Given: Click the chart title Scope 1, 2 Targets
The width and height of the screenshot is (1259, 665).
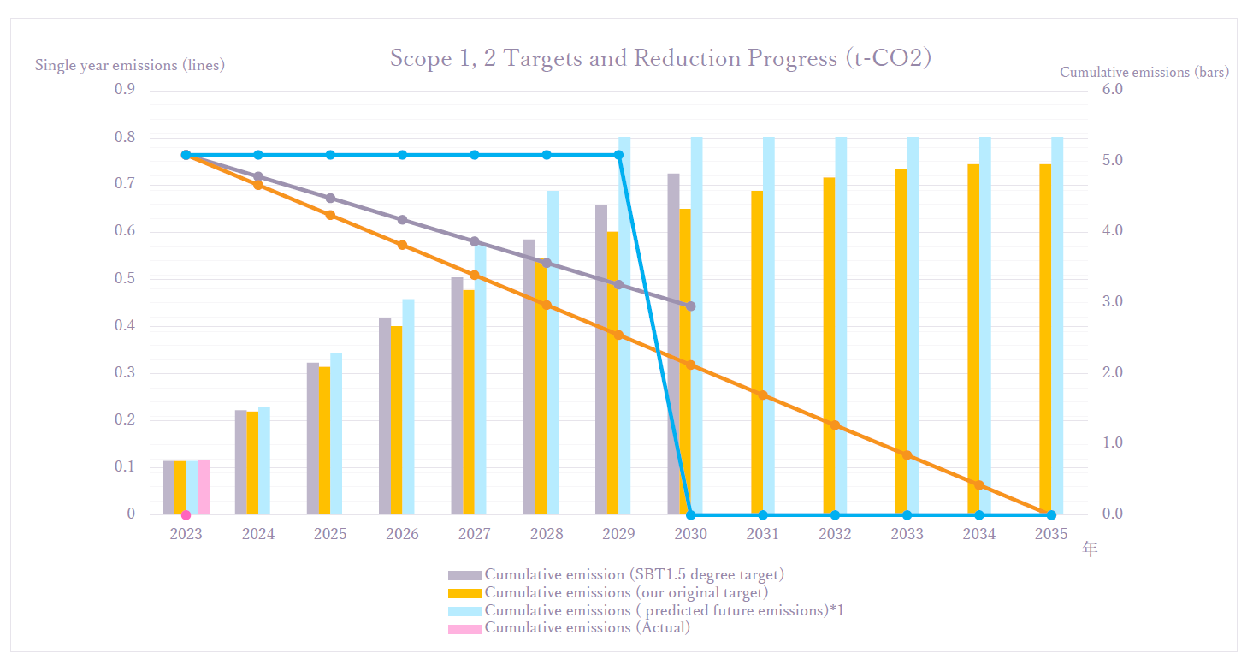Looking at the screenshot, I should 660,58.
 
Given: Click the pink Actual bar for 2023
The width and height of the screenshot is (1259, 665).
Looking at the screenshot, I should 204,487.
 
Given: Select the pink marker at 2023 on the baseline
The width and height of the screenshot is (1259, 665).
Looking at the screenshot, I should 186,514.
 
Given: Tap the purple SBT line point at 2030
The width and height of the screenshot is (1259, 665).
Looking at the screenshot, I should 691,306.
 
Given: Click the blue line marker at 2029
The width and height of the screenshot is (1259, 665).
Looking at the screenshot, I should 619,155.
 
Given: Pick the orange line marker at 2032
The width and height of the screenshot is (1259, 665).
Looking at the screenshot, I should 836,425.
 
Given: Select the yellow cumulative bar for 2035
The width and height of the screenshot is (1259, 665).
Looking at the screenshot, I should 1045,342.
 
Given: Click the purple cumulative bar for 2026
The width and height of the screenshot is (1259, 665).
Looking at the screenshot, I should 385,417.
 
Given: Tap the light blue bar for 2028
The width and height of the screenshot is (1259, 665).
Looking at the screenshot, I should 553,353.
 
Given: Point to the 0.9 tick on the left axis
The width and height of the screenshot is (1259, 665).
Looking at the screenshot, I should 125,90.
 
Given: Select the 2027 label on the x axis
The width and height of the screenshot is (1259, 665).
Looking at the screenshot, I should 475,534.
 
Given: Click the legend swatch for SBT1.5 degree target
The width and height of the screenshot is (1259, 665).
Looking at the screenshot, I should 464,575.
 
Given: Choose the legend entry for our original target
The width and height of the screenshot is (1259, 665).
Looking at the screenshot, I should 626,592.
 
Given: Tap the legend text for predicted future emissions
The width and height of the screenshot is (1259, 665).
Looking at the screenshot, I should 665,610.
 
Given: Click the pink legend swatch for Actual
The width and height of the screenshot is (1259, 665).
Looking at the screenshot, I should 464,629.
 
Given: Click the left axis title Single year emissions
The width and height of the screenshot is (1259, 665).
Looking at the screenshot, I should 129,65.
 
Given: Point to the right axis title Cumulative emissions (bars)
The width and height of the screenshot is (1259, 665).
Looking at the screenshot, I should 1144,73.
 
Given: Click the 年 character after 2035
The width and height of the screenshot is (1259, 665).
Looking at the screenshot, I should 1089,549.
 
